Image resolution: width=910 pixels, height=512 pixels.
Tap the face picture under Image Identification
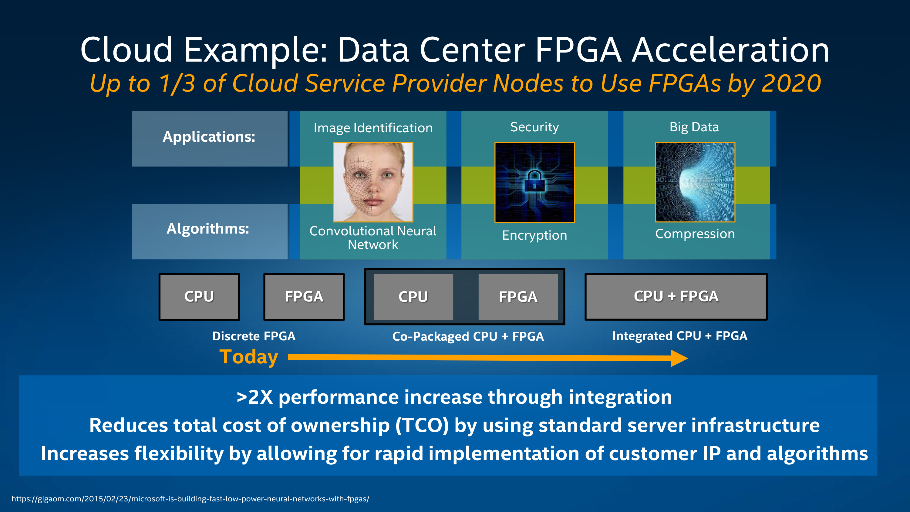pos(373,182)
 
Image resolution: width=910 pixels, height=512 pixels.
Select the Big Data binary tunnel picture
pos(695,182)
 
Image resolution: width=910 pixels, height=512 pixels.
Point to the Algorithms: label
pos(208,229)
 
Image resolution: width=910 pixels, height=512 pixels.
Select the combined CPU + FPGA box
pos(676,296)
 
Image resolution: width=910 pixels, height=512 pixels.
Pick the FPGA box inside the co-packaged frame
pos(518,297)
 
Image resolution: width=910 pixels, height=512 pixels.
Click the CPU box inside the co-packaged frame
pos(413,297)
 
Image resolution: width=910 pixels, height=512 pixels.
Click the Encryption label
pos(534,235)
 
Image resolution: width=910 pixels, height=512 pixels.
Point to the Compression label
pos(695,234)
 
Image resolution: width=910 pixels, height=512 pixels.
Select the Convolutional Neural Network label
pos(373,237)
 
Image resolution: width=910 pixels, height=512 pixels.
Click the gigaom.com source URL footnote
pos(190,499)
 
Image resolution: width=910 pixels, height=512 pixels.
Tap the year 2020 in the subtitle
pos(791,83)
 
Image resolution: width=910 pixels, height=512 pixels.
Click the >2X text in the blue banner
pos(255,397)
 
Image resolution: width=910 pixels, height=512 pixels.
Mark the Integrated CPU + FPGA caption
pos(680,336)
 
